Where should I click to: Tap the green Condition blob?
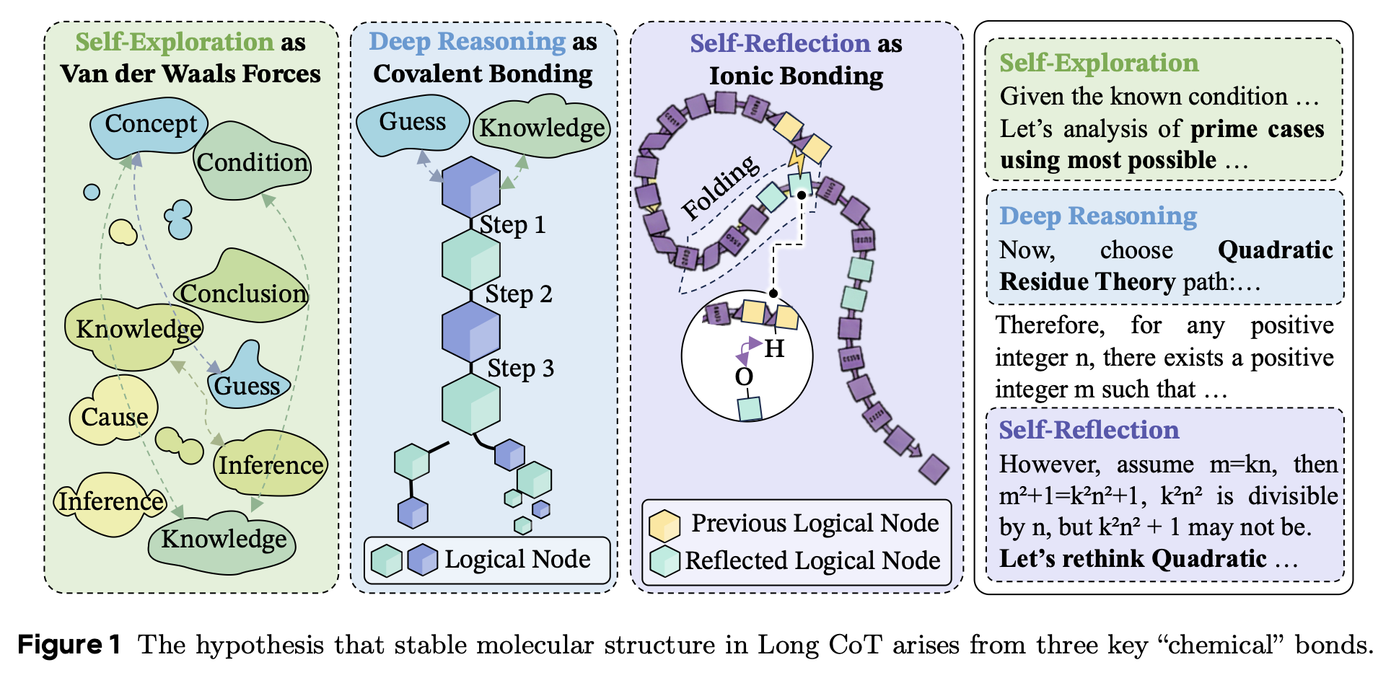[x=253, y=163]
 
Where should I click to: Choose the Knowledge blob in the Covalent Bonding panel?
[x=542, y=128]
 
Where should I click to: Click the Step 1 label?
[x=512, y=225]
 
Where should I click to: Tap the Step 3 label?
[x=520, y=369]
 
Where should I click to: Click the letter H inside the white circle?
[x=774, y=349]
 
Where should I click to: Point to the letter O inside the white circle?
[x=744, y=377]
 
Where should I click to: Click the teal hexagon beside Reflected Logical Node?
[x=664, y=561]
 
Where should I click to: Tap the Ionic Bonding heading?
[x=796, y=76]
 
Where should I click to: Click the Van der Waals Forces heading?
[x=190, y=74]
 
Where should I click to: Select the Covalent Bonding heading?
[x=483, y=74]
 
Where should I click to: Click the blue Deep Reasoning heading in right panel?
[x=1097, y=216]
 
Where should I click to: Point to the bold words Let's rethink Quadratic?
[x=1133, y=558]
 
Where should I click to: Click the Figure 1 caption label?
[x=69, y=644]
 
